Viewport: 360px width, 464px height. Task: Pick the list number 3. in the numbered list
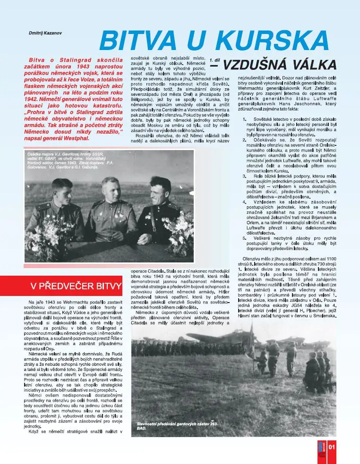[x=245, y=176]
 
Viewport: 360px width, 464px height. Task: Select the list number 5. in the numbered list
[x=245, y=238]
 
